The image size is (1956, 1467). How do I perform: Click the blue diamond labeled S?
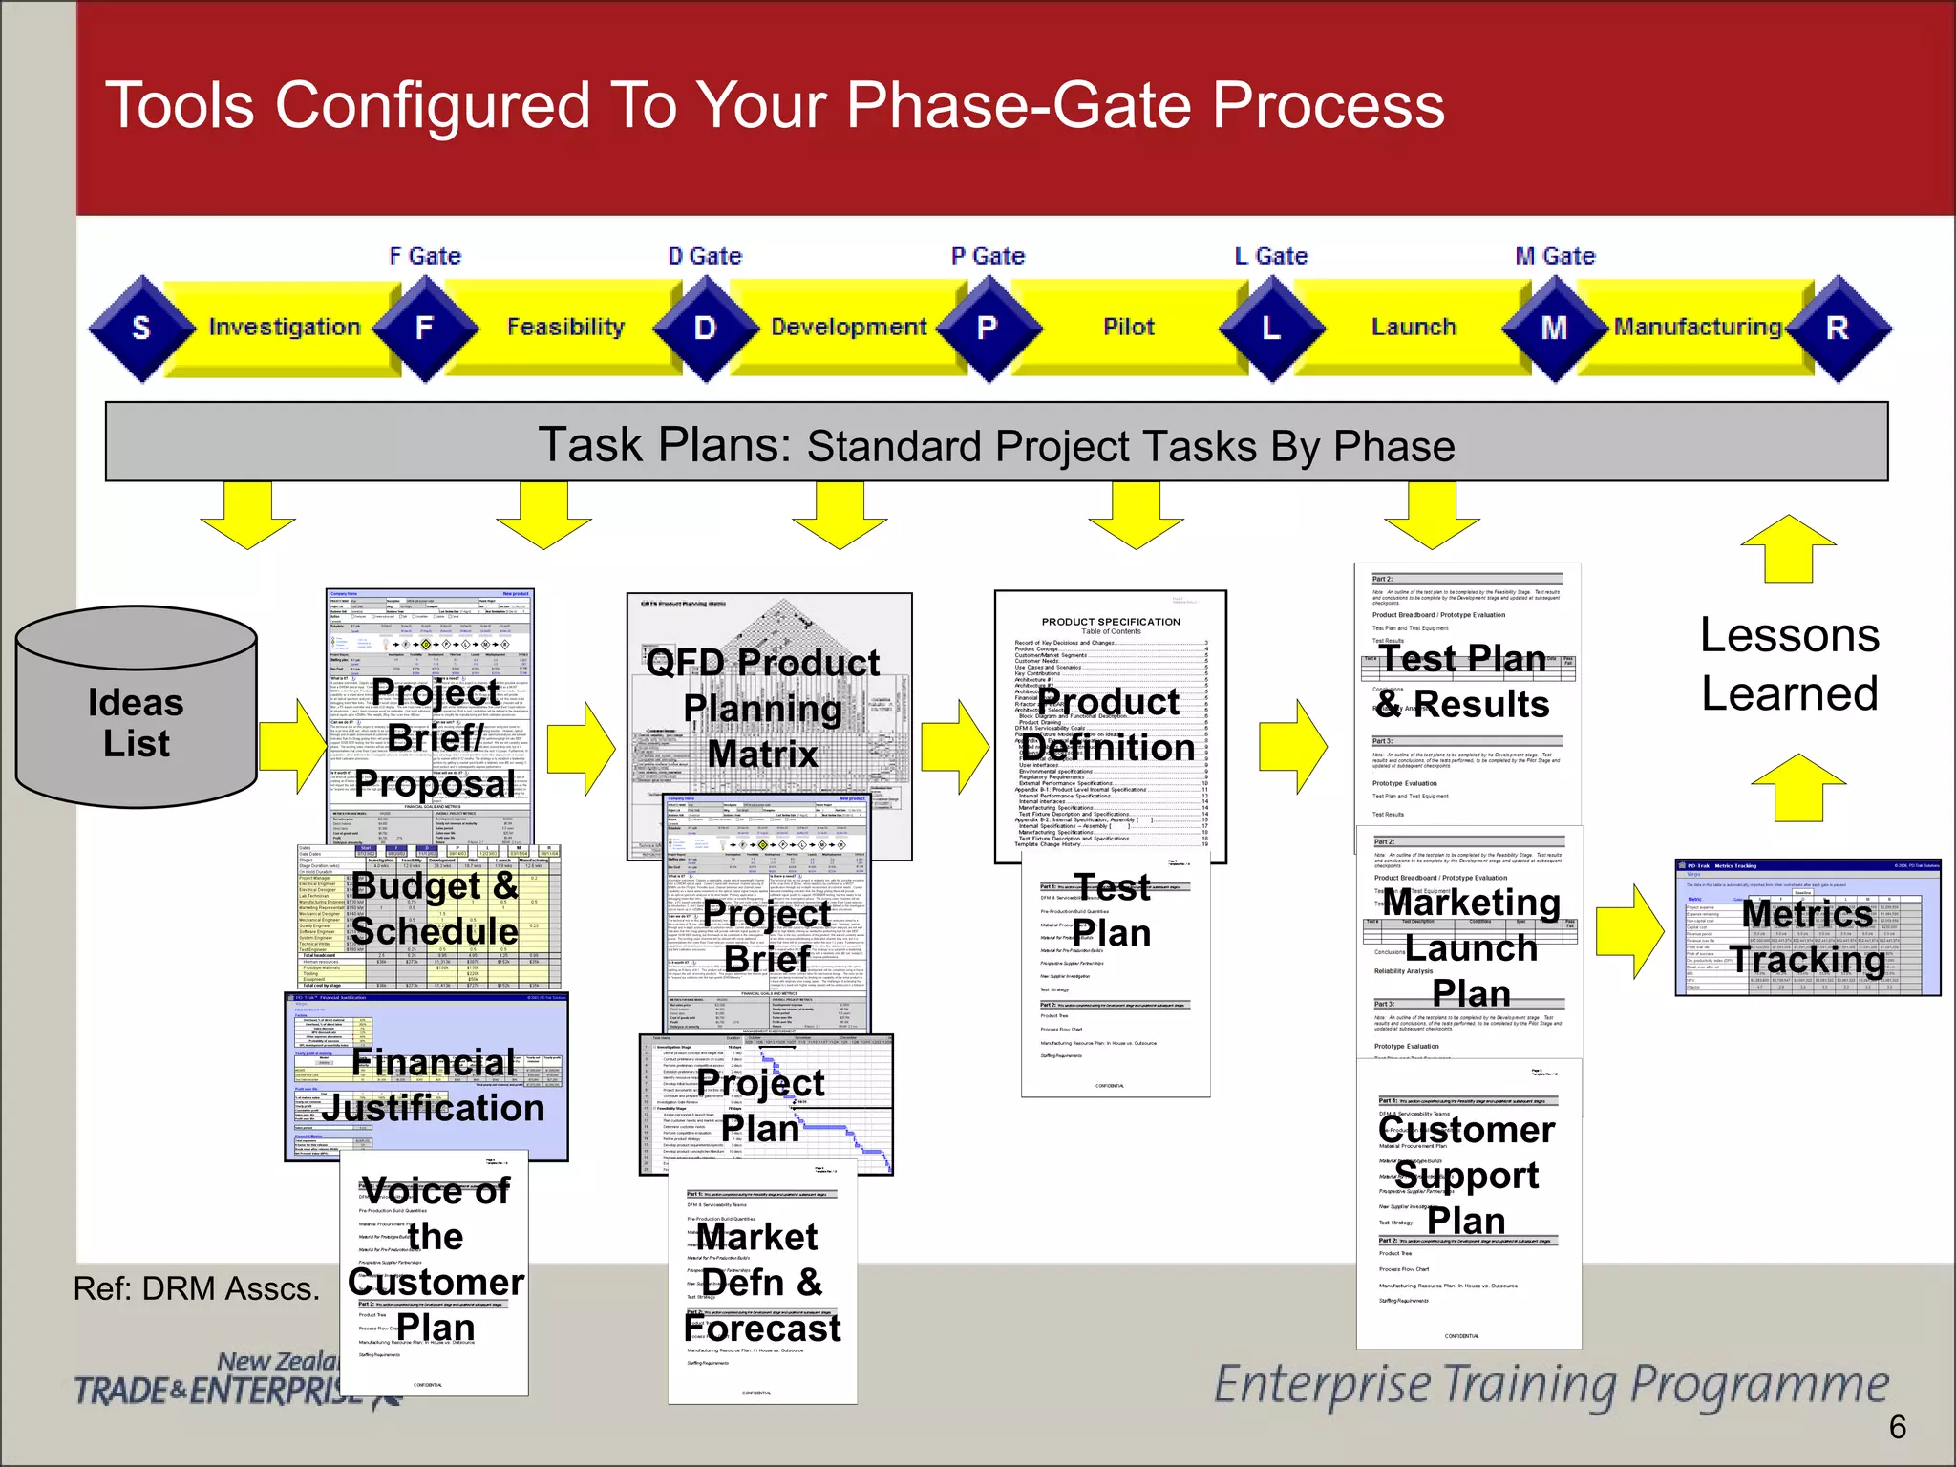click(x=141, y=328)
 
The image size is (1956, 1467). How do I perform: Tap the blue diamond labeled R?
click(x=1838, y=328)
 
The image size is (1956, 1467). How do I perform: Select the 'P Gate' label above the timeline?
click(x=988, y=256)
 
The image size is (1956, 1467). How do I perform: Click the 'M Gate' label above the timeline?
click(x=1555, y=256)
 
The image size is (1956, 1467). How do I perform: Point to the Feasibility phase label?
click(x=565, y=327)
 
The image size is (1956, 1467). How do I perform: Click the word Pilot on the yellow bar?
click(x=1129, y=327)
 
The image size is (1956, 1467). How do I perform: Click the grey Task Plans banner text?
click(x=995, y=445)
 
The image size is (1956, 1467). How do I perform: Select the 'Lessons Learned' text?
click(x=1789, y=664)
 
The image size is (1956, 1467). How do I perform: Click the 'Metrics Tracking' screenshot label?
click(x=1807, y=936)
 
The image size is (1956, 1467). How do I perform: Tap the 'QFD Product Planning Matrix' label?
click(x=762, y=708)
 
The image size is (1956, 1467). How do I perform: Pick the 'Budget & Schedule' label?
click(x=435, y=907)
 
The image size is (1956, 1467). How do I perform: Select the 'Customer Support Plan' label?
click(x=1466, y=1175)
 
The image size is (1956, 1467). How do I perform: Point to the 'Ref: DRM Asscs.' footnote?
click(x=196, y=1288)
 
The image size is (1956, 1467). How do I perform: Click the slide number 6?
click(x=1897, y=1427)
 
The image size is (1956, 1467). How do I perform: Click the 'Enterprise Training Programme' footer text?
click(x=1550, y=1384)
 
